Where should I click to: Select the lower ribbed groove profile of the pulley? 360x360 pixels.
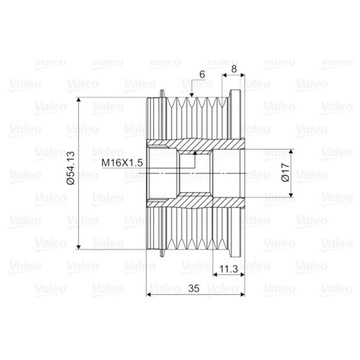(x=200, y=241)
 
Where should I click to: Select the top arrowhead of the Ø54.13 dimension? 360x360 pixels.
(x=81, y=95)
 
